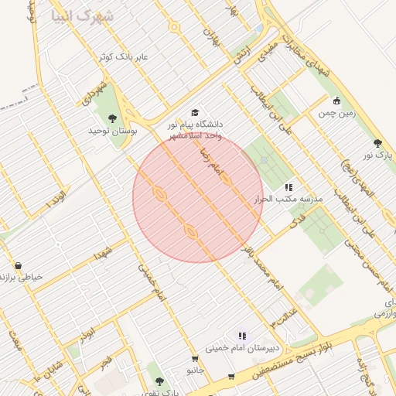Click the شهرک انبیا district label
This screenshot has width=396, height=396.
(82, 16)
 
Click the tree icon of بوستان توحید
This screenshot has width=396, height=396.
(113, 118)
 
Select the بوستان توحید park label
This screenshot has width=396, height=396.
(113, 132)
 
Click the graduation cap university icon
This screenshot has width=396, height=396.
(195, 112)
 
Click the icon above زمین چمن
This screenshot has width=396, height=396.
(336, 101)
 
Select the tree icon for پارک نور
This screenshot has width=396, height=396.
(377, 143)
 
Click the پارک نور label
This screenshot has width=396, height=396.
(379, 155)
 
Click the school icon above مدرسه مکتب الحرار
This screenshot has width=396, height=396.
(288, 187)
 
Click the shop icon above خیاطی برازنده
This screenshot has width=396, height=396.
(17, 265)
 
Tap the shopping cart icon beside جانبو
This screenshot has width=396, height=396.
(195, 360)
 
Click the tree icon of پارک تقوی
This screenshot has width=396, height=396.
(159, 381)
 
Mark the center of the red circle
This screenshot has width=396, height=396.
(198, 198)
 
